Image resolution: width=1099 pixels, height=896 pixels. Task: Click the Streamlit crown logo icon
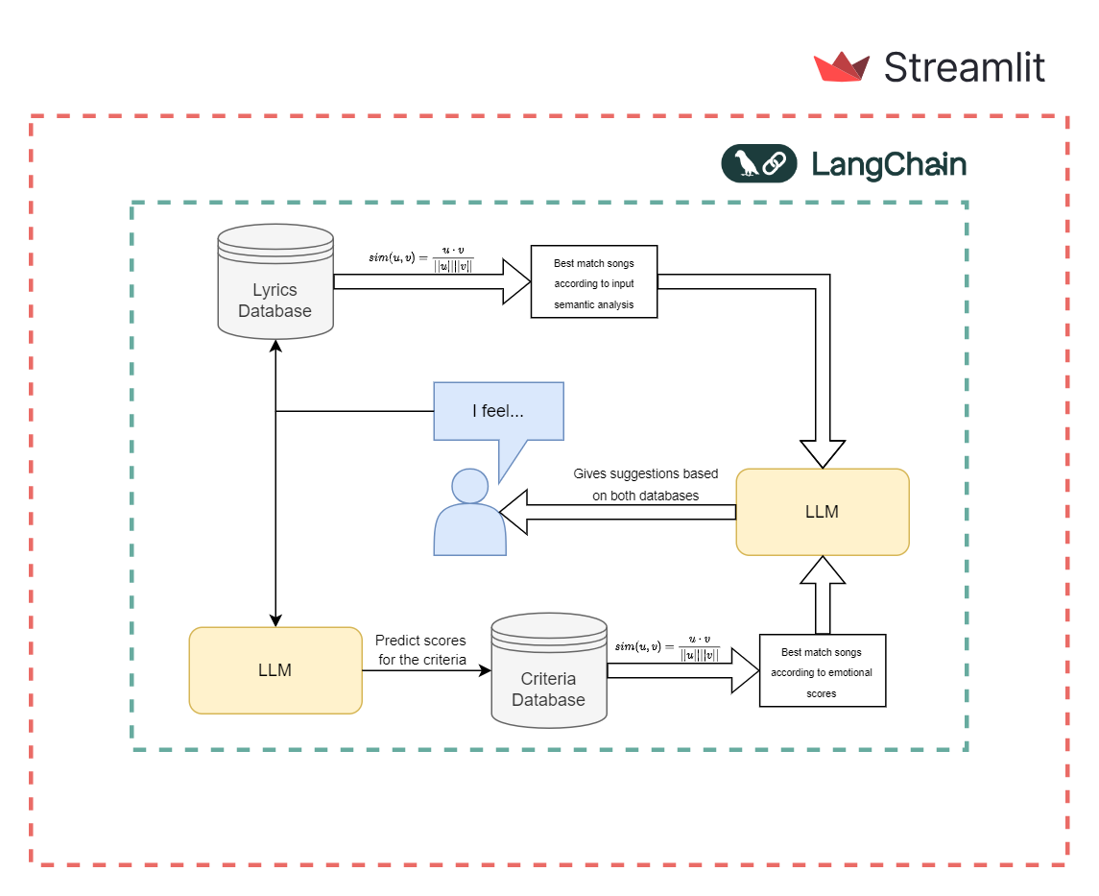pyautogui.click(x=841, y=67)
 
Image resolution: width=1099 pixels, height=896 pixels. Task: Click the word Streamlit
pyautogui.click(x=964, y=68)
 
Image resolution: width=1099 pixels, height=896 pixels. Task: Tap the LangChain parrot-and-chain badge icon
pyautogui.click(x=758, y=163)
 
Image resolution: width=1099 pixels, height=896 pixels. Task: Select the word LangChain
pyautogui.click(x=889, y=164)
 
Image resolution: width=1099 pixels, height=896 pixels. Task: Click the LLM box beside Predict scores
pyautogui.click(x=275, y=670)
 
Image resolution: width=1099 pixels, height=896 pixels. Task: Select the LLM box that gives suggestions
pyautogui.click(x=822, y=512)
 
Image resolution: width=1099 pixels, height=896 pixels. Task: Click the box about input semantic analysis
pyautogui.click(x=593, y=281)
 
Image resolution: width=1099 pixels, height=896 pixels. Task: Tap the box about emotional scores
pyautogui.click(x=822, y=670)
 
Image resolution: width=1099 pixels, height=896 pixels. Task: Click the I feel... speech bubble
pyautogui.click(x=498, y=411)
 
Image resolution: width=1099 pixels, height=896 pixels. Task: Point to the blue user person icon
pyautogui.click(x=469, y=514)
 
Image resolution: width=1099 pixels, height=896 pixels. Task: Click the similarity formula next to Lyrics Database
pyautogui.click(x=421, y=257)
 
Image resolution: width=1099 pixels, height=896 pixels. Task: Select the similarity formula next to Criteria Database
pyautogui.click(x=666, y=646)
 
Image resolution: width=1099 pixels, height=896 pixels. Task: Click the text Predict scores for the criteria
pyautogui.click(x=420, y=649)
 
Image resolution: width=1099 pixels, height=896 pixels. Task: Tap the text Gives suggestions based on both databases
pyautogui.click(x=638, y=484)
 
